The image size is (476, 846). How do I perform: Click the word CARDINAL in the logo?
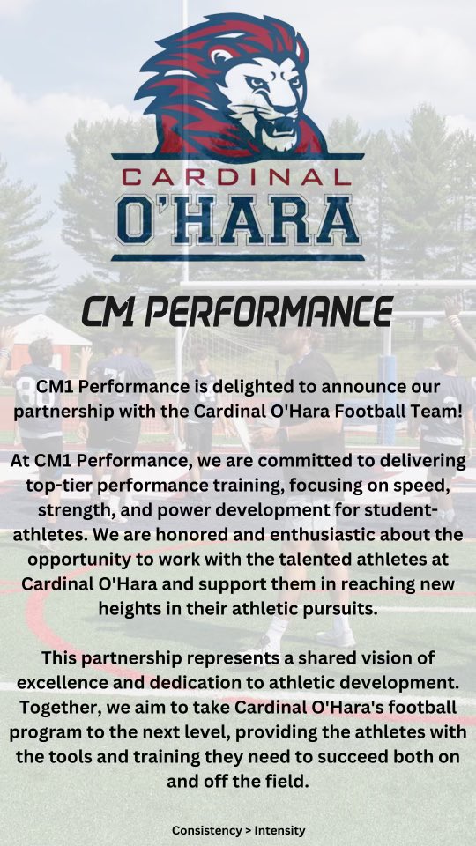238,176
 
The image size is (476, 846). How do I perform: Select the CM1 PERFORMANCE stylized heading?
237,312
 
